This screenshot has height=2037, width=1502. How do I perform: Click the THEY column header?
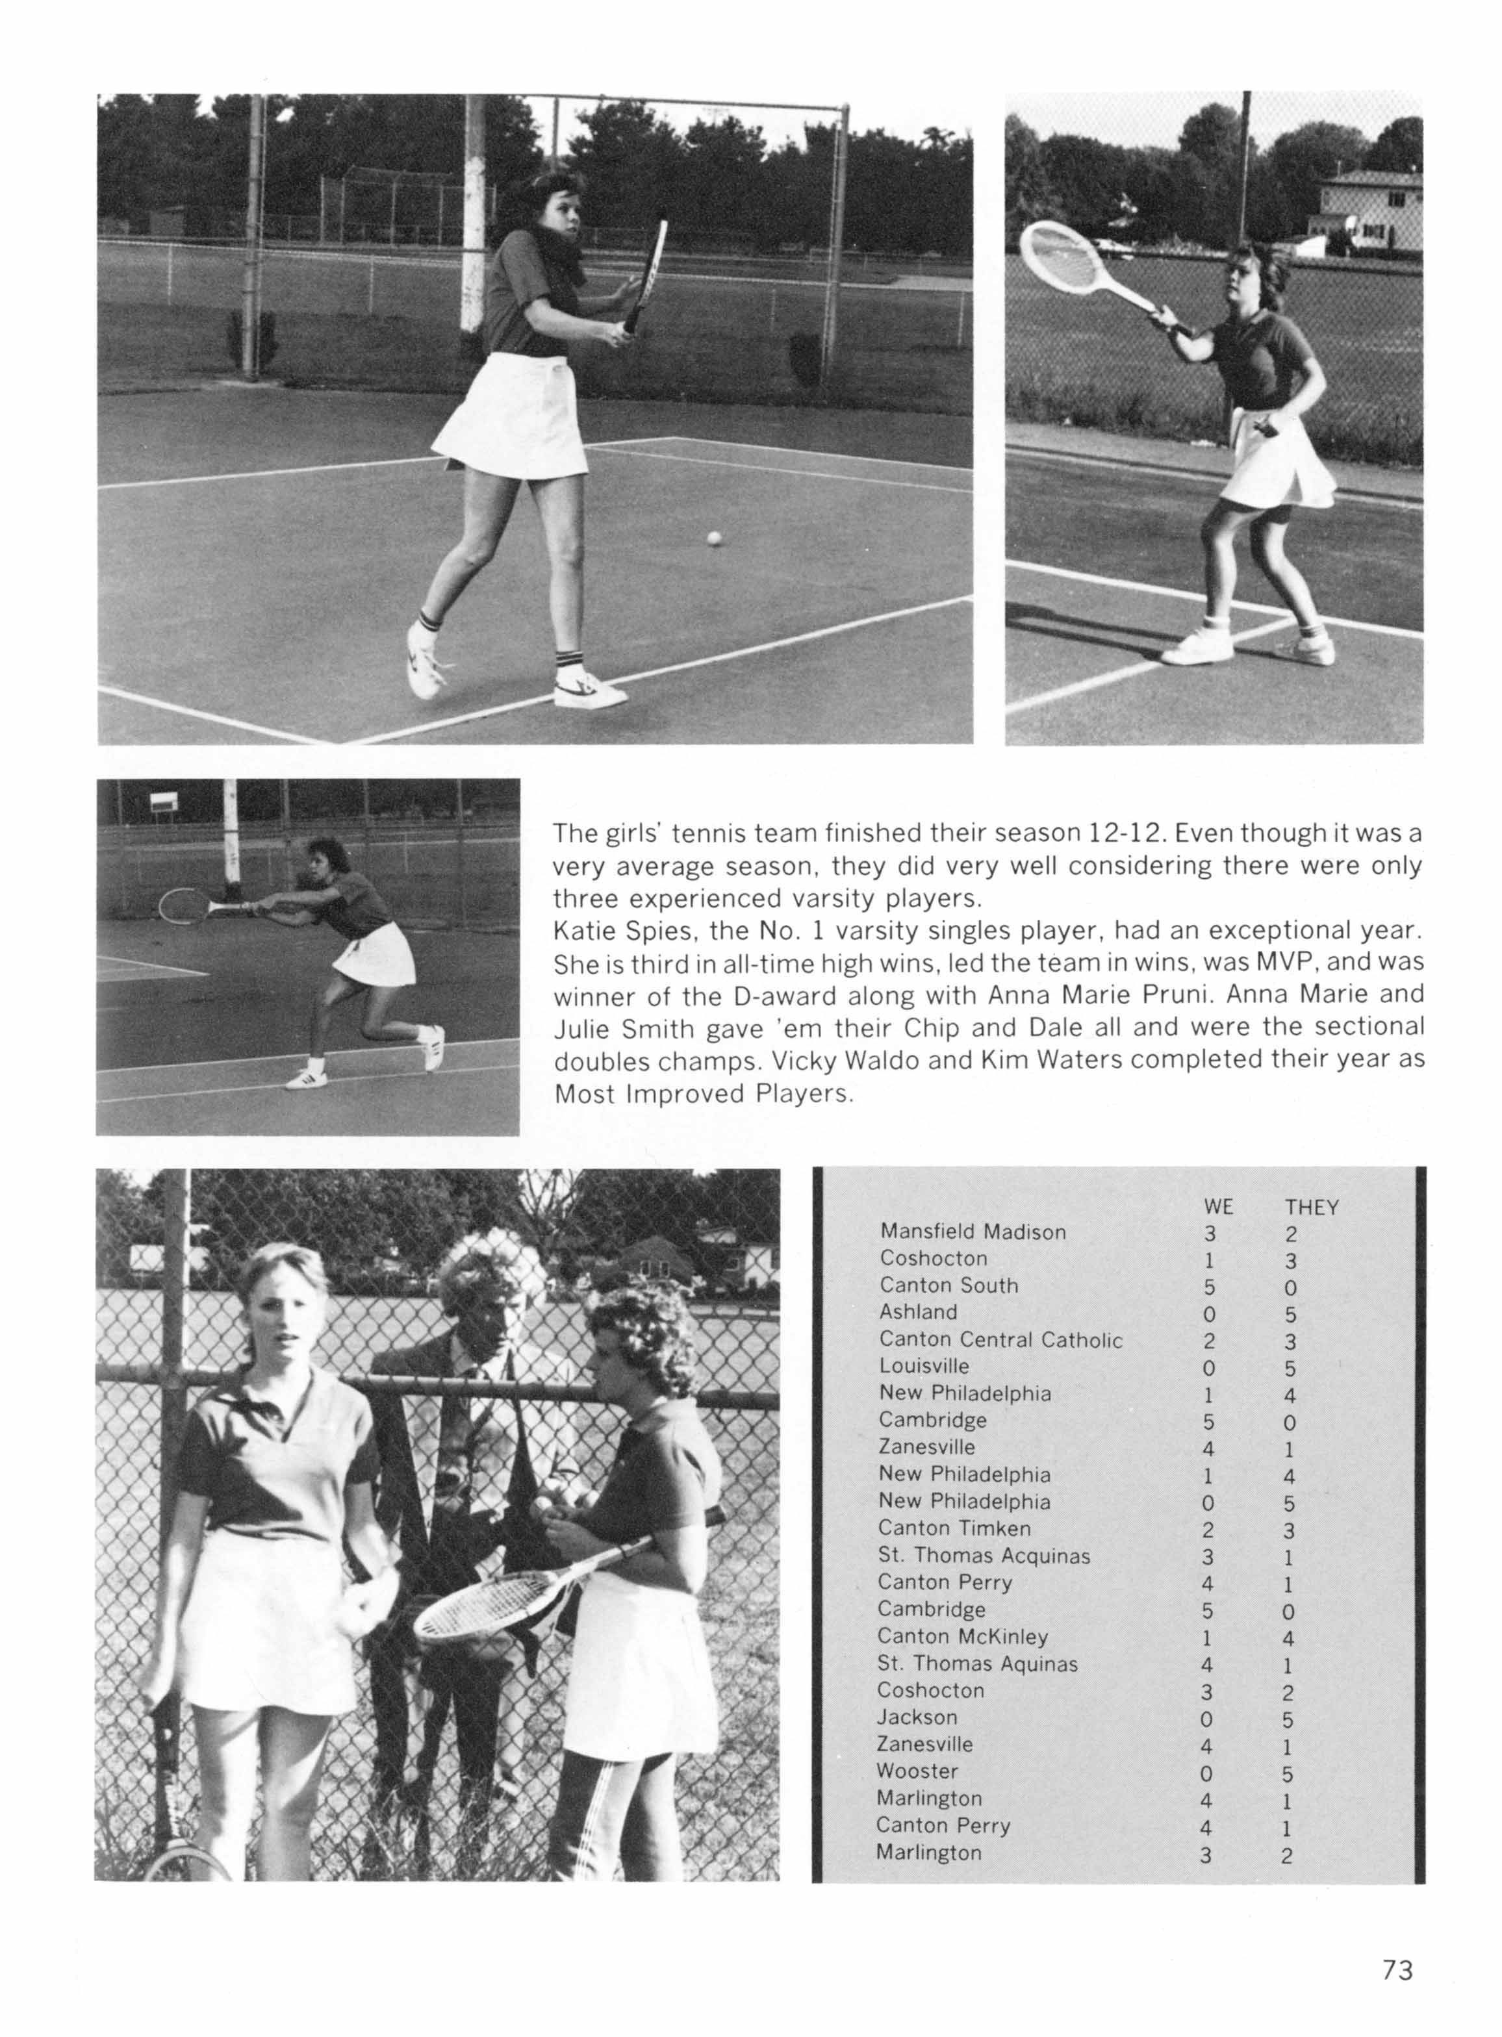pyautogui.click(x=1311, y=1207)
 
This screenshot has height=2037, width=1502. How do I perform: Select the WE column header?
pyautogui.click(x=1217, y=1206)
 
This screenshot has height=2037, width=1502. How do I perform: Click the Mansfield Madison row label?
pyautogui.click(x=972, y=1232)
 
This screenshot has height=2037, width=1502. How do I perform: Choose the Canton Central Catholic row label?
pyautogui.click(x=1000, y=1339)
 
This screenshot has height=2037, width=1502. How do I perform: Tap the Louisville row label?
pyautogui.click(x=923, y=1365)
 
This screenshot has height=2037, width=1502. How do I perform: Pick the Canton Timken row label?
pyautogui.click(x=954, y=1528)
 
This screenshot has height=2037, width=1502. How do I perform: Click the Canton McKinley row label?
pyautogui.click(x=962, y=1636)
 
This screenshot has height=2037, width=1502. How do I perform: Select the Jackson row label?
pyautogui.click(x=917, y=1717)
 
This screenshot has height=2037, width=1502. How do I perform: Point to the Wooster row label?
pyautogui.click(x=917, y=1771)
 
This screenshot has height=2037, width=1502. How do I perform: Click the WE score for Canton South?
pyautogui.click(x=1208, y=1286)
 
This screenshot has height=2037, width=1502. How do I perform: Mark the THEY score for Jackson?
pyautogui.click(x=1288, y=1719)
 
